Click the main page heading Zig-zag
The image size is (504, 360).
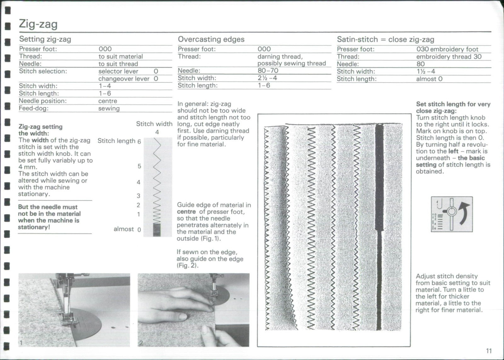coord(38,24)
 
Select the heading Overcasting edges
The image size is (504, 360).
coord(211,39)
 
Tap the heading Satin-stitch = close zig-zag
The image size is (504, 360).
coord(385,39)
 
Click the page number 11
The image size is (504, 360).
coord(489,351)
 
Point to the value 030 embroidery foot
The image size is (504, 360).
coord(447,49)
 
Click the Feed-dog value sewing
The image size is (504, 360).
coord(109,108)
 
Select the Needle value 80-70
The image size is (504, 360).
coord(268,71)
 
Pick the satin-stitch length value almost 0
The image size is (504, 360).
coord(429,79)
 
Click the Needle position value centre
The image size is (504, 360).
coord(107,101)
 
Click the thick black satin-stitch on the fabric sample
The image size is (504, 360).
coord(379,221)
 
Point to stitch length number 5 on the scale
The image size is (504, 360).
coord(139,166)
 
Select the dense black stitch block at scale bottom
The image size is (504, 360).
coord(157,229)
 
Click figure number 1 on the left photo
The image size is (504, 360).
coord(21,343)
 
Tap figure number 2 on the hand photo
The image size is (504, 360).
coord(141,343)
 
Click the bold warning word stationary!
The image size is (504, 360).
coord(34,227)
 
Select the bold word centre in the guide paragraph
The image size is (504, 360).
coord(186,212)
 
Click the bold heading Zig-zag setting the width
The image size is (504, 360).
coord(40,130)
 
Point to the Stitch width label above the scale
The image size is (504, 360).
coord(154,124)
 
